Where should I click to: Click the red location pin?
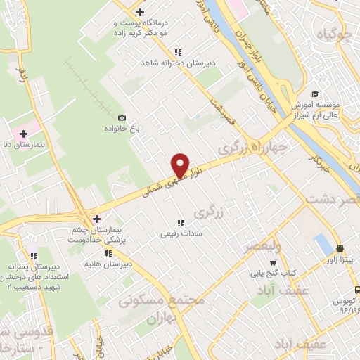pyautogui.click(x=181, y=164)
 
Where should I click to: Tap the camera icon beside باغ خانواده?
pyautogui.click(x=122, y=117)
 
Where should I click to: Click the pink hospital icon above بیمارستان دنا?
pyautogui.click(x=24, y=132)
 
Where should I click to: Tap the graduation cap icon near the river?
pyautogui.click(x=315, y=94)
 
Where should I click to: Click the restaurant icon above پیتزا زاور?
pyautogui.click(x=340, y=248)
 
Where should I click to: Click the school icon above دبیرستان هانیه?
pyautogui.click(x=108, y=253)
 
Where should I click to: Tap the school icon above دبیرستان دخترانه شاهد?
pyautogui.click(x=178, y=52)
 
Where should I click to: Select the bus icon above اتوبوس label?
pyautogui.click(x=357, y=289)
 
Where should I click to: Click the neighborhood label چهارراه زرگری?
pyautogui.click(x=253, y=148)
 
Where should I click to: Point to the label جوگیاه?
pyautogui.click(x=333, y=33)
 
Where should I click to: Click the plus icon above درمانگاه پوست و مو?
pyautogui.click(x=141, y=12)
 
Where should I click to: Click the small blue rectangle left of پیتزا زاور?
pyautogui.click(x=323, y=245)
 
